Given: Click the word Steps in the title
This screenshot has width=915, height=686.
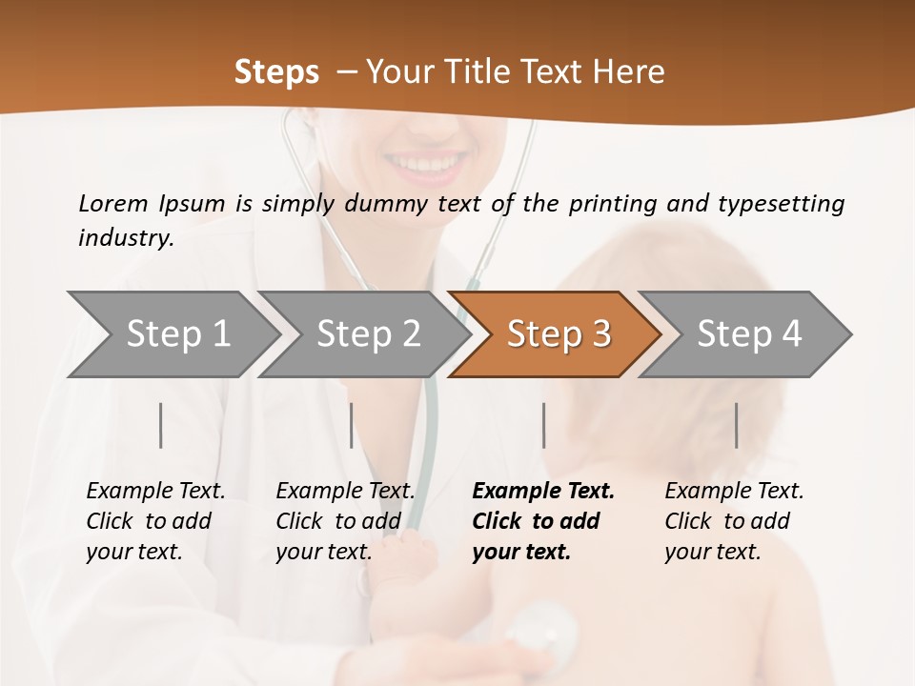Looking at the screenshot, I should [x=276, y=72].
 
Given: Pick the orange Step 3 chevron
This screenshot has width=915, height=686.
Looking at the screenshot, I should [x=559, y=333].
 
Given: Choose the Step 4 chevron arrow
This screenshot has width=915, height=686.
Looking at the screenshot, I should [x=749, y=333].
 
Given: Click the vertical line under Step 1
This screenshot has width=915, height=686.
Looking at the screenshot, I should [x=161, y=425].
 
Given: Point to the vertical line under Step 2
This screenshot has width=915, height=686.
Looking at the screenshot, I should [x=352, y=425].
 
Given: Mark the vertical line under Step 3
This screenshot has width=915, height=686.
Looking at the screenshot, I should [x=544, y=425].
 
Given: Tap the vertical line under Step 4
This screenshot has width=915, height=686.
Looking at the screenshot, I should [x=737, y=425].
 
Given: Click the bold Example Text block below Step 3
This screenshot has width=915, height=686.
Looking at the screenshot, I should [x=543, y=521].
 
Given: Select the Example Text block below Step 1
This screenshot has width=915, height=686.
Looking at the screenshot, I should [x=155, y=521].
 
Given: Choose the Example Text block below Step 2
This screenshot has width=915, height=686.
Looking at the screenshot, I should [x=345, y=521].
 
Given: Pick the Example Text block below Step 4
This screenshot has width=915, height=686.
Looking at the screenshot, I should [x=734, y=521].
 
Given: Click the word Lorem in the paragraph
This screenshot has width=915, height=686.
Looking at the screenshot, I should [x=113, y=203].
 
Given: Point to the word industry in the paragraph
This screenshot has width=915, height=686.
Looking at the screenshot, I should [x=125, y=238].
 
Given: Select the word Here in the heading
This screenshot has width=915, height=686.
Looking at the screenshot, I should [x=628, y=72].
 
